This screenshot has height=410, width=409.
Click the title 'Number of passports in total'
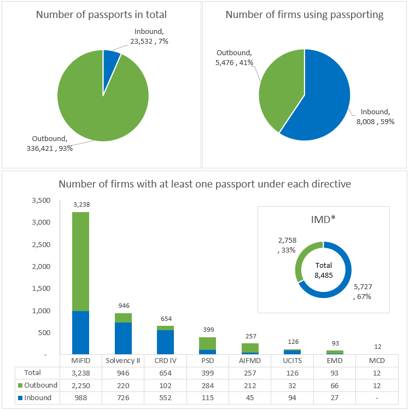pos(102,15)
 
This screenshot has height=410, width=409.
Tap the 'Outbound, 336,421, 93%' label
pos(49,143)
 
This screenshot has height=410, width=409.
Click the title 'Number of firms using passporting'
pos(305,15)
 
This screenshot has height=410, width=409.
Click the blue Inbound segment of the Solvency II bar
pos(123,338)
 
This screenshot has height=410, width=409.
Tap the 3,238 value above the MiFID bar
pos(81,204)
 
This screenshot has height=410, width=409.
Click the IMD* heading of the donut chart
pos(323,220)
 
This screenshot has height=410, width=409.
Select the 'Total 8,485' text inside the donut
pos(323,270)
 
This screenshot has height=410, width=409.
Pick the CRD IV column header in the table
pos(165,361)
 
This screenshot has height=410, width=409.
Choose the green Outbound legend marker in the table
pos(20,385)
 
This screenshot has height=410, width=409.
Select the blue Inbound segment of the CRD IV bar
pos(165,342)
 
